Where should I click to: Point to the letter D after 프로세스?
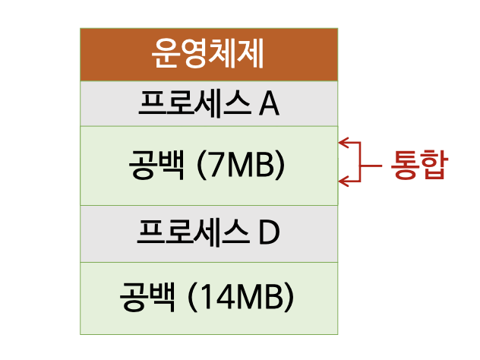pos(268,233)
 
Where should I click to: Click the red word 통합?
pos(416,164)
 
